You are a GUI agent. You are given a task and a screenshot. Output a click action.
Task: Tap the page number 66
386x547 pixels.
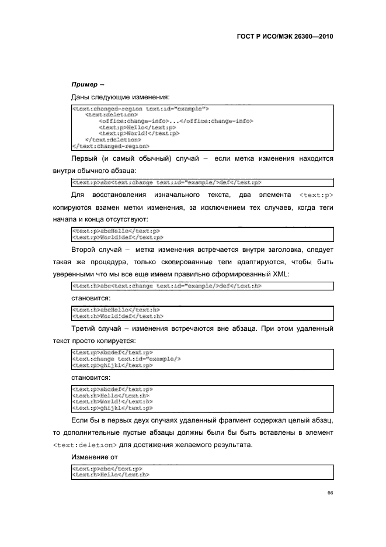[x=330, y=493]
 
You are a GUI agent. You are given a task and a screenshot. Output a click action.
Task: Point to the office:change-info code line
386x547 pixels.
[x=175, y=121]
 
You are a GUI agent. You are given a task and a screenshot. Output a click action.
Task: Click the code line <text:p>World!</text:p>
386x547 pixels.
[x=138, y=133]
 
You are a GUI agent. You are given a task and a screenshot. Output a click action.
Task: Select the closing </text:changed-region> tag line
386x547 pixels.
[x=110, y=146]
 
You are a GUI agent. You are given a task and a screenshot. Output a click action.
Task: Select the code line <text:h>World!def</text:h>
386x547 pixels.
[x=117, y=316]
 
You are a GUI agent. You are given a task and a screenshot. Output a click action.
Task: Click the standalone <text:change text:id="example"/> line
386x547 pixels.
[x=126, y=359]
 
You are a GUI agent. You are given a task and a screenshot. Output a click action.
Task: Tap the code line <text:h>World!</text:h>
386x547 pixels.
[x=112, y=401]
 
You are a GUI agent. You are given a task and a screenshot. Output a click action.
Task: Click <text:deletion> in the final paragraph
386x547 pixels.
[x=85, y=445]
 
